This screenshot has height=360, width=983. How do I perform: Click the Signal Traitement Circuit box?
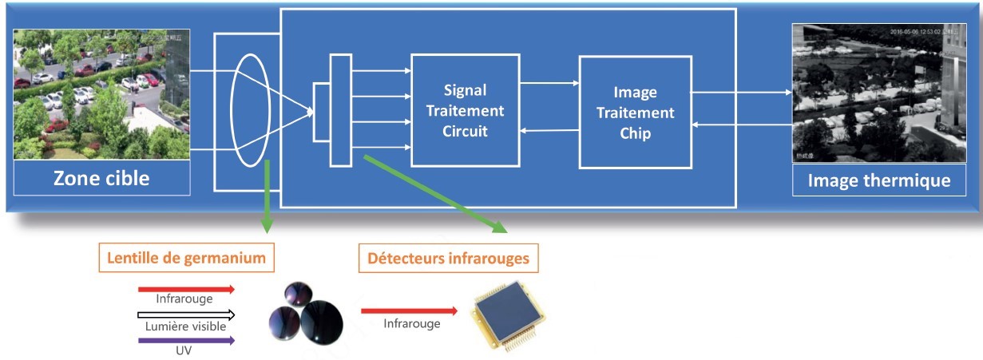point(464,109)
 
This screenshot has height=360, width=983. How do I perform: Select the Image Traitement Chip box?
point(634,113)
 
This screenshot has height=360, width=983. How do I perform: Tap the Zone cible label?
point(101,177)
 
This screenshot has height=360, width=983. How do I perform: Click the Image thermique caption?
point(878,180)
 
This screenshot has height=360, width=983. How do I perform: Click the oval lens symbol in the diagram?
point(248,110)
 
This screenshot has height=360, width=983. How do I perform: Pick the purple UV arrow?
point(186,340)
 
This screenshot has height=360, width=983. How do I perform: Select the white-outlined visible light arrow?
point(186,315)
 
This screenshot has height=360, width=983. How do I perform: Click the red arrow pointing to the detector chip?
point(409,311)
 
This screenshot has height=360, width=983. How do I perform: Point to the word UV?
point(185,351)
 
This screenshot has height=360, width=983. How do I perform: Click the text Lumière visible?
point(185,326)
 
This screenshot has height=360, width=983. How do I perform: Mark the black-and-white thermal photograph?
point(878,93)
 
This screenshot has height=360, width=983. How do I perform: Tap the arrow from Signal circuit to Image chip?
point(549,81)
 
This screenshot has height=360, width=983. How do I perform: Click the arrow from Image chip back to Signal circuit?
point(549,131)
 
